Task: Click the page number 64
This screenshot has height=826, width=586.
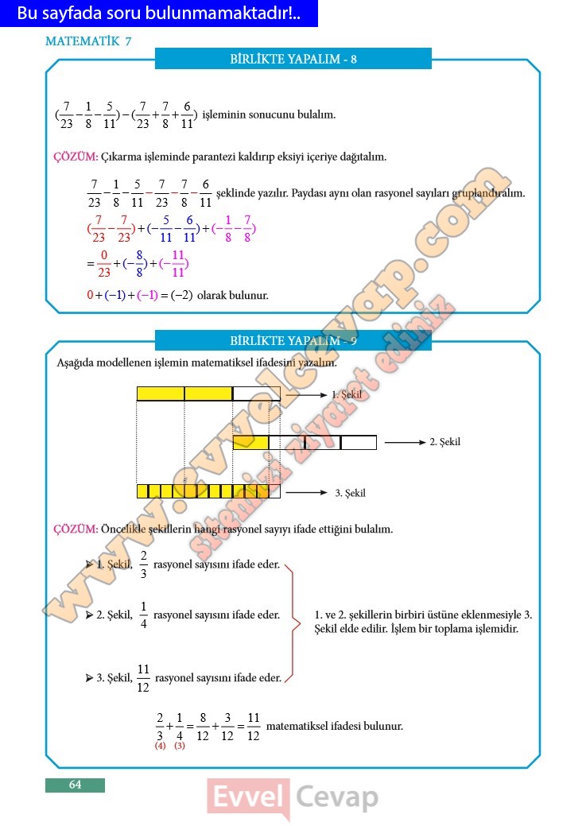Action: tap(75, 785)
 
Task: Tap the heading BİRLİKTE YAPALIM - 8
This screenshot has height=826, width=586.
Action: tap(293, 59)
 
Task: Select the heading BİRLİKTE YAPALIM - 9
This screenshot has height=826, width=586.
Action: tap(293, 341)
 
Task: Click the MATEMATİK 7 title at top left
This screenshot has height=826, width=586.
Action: tap(88, 42)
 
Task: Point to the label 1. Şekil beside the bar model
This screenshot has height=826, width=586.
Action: tap(347, 394)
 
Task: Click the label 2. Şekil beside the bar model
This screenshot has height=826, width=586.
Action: tap(444, 442)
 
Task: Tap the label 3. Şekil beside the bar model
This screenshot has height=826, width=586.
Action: tap(350, 493)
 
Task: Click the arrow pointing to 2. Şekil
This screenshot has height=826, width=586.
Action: tap(405, 442)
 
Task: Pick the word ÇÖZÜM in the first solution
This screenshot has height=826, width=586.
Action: tap(75, 157)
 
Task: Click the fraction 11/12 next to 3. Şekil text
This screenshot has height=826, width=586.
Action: tap(143, 678)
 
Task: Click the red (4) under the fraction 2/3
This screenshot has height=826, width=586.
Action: tap(160, 746)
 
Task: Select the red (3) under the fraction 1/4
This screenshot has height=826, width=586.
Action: tap(179, 746)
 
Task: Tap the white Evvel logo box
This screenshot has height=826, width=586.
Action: tap(248, 797)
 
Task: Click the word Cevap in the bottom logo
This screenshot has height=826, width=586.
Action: tap(337, 797)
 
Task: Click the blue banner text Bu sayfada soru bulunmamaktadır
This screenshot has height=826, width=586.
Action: tap(159, 14)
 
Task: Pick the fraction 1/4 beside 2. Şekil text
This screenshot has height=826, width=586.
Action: tap(143, 615)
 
